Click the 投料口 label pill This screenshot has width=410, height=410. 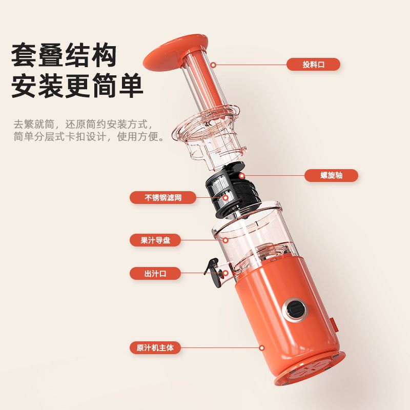[313, 65]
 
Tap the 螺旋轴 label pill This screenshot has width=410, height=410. [331, 175]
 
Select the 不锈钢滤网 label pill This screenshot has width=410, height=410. [163, 197]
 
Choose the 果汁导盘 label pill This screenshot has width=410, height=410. [155, 240]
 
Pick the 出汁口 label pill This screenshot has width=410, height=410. [155, 274]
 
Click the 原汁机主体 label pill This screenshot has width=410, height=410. [155, 348]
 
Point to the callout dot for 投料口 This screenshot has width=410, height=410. [213, 65]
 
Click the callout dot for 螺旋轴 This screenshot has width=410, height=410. [242, 175]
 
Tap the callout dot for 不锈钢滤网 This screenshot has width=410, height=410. [225, 198]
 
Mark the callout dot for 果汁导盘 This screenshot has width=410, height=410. [225, 240]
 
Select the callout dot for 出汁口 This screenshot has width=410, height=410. [225, 274]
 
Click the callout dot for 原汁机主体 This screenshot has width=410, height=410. [262, 348]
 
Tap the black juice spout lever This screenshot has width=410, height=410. [213, 272]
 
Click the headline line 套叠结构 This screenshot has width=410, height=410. [64, 56]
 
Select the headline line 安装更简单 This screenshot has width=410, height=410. [77, 86]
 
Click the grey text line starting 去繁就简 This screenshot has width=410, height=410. [83, 124]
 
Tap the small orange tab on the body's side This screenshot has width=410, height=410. [335, 326]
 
